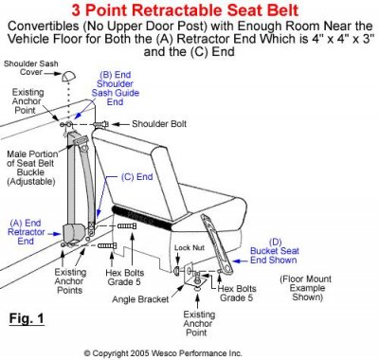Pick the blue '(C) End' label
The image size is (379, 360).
[x=141, y=175]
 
